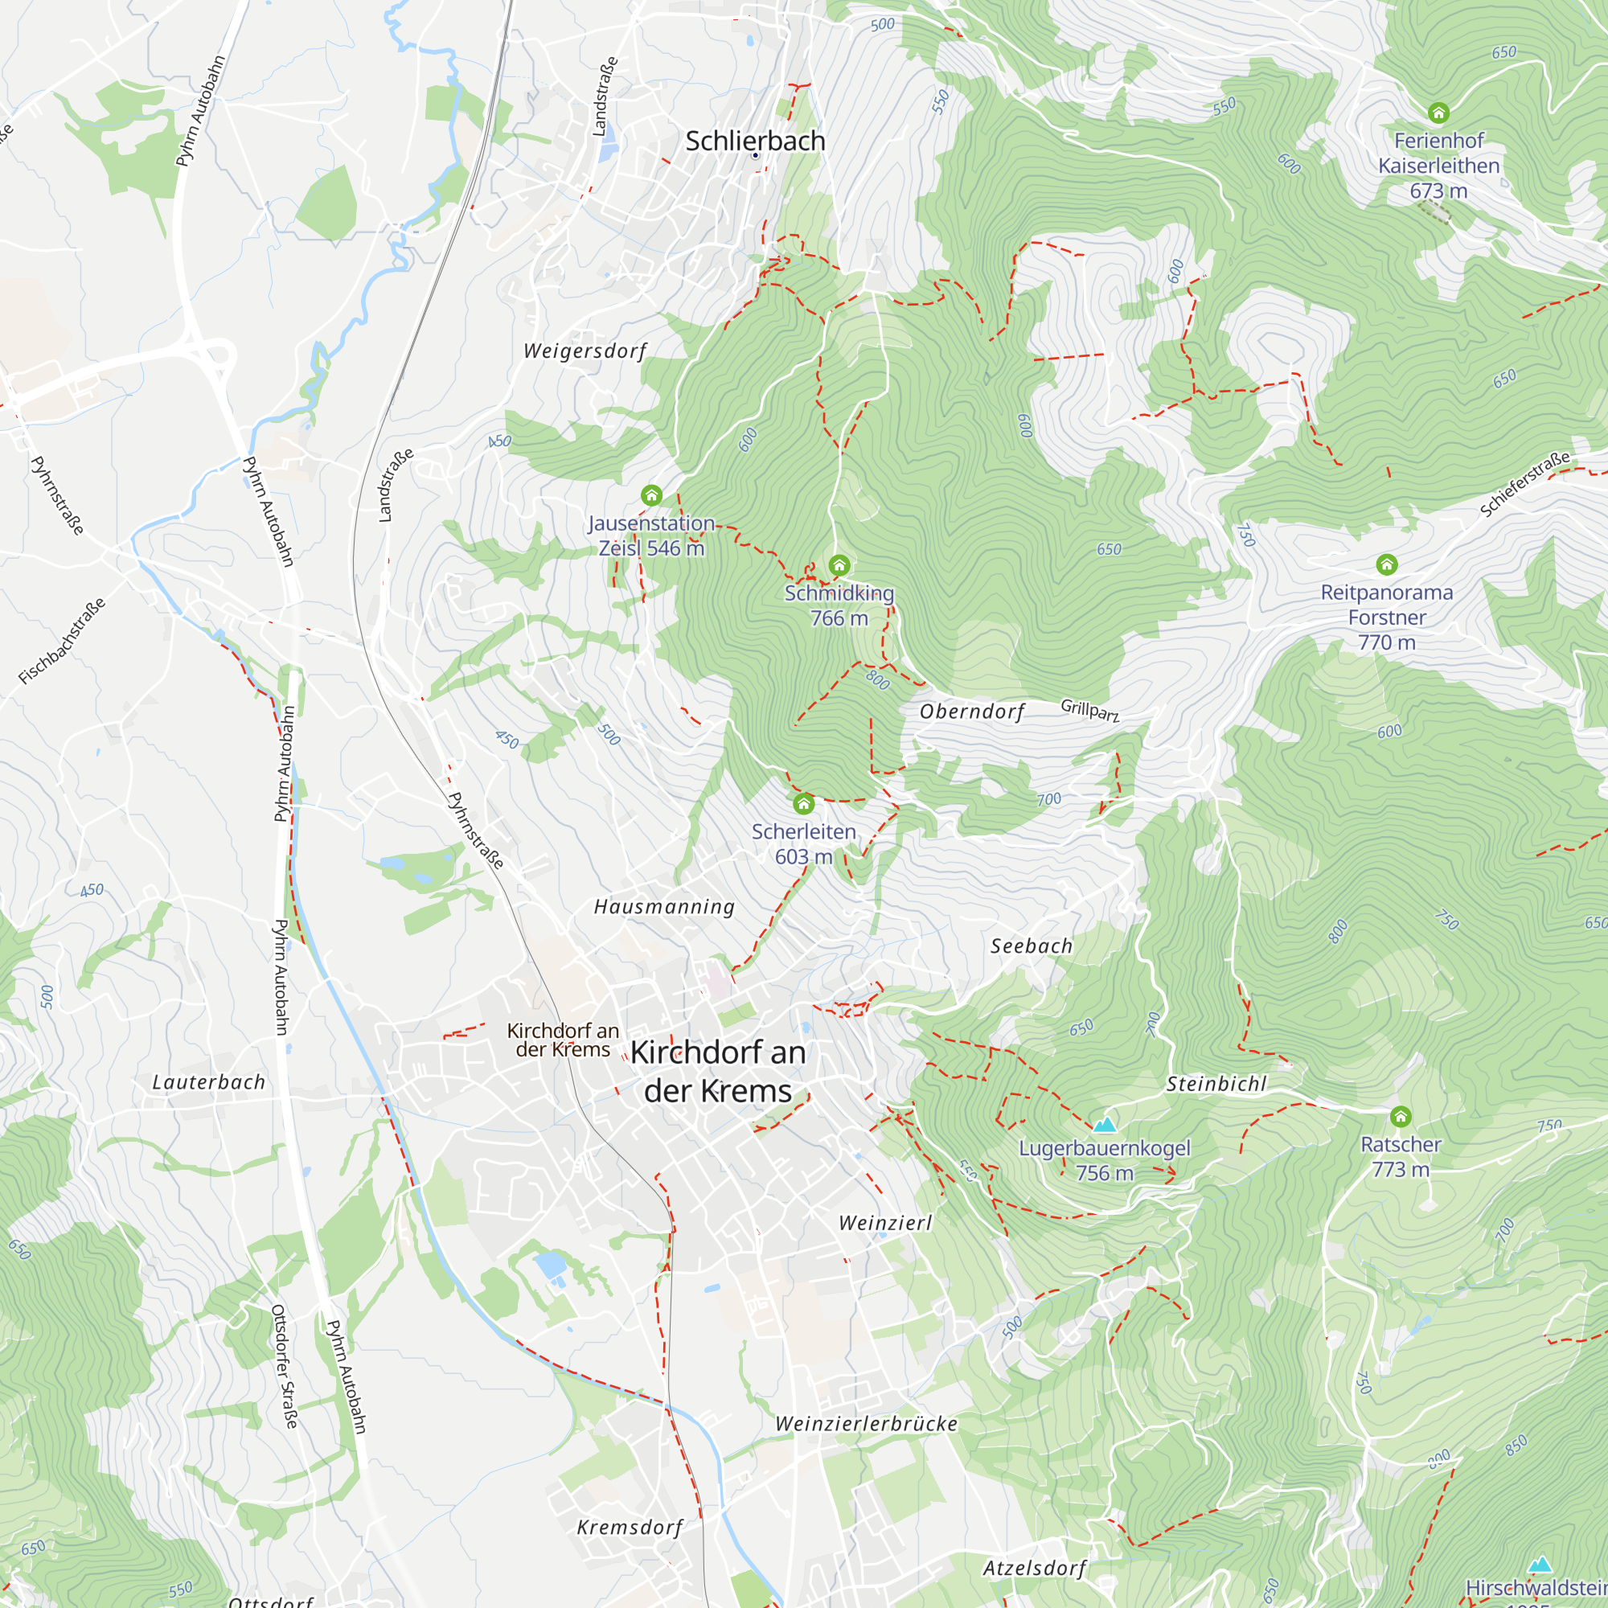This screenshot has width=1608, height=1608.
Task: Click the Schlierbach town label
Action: click(755, 142)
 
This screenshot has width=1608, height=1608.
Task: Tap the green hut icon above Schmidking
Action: click(839, 566)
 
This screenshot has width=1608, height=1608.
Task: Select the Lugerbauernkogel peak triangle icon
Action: click(1105, 1126)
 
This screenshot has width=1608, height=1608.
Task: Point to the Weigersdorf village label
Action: click(585, 351)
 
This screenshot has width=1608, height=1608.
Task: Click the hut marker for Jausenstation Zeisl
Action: click(652, 496)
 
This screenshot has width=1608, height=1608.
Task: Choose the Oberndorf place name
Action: click(971, 712)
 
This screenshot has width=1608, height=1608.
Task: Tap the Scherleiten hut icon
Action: click(803, 804)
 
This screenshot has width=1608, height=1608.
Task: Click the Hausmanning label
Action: click(664, 907)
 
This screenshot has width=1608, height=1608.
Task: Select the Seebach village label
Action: click(1032, 946)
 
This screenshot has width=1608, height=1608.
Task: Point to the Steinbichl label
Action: click(1216, 1084)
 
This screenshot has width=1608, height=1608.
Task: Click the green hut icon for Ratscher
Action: click(1401, 1116)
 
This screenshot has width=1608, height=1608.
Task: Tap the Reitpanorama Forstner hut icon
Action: click(1387, 565)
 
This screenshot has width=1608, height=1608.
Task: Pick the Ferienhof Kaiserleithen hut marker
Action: click(1439, 113)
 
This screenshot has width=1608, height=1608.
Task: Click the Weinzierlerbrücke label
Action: click(867, 1424)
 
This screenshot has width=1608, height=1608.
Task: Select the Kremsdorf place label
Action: click(630, 1528)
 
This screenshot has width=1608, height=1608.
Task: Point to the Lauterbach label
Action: click(209, 1082)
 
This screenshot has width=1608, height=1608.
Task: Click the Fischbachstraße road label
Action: click(63, 641)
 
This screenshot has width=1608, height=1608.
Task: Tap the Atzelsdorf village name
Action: click(1035, 1568)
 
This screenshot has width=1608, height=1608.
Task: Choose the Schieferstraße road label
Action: click(1524, 483)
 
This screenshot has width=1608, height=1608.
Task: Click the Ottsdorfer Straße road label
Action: click(285, 1366)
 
